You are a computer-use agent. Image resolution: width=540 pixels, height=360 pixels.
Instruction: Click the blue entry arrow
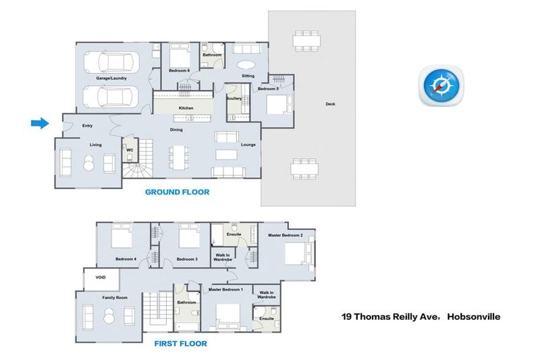pyautogui.click(x=40, y=123)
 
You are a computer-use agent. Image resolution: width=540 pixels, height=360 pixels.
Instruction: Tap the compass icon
pyautogui.click(x=441, y=86)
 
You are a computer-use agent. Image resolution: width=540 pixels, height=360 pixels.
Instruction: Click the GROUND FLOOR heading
pyautogui.click(x=177, y=192)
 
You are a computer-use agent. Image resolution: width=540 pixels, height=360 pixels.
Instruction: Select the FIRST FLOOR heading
pyautogui.click(x=181, y=343)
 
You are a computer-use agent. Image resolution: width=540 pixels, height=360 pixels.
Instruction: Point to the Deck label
pyautogui.click(x=330, y=103)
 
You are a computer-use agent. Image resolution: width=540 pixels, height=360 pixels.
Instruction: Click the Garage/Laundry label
pyautogui.click(x=111, y=78)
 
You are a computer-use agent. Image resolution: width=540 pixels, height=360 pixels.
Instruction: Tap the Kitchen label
pyautogui.click(x=186, y=108)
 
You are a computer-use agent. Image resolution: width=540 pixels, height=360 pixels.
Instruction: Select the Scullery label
pyautogui.click(x=234, y=98)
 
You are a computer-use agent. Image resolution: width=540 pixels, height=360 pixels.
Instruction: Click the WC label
pyautogui.click(x=129, y=150)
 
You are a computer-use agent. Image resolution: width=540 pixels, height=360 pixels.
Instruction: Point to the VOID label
pyautogui.click(x=101, y=277)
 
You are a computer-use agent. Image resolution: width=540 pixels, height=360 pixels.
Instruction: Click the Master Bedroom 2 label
pyautogui.click(x=285, y=236)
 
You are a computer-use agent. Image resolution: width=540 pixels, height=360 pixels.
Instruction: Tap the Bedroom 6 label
pyautogui.click(x=179, y=70)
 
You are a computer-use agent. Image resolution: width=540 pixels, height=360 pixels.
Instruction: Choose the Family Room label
pyautogui.click(x=115, y=297)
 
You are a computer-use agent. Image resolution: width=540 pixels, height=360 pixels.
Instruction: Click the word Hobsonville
pyautogui.click(x=473, y=316)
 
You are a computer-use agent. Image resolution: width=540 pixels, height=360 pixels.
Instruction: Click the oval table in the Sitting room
pyautogui.click(x=246, y=65)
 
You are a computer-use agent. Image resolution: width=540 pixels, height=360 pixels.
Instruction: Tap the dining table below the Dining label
pyautogui.click(x=179, y=157)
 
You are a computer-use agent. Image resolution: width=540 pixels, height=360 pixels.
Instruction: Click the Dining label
pyautogui.click(x=176, y=130)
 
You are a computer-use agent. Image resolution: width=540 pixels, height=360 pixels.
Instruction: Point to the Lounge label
pyautogui.click(x=248, y=145)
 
